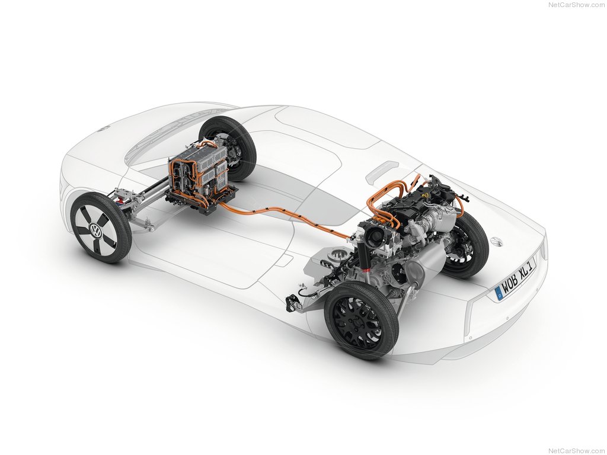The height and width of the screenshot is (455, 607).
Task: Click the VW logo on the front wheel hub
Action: pyautogui.click(x=96, y=232)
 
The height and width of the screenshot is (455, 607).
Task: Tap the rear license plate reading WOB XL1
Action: pyautogui.click(x=516, y=277)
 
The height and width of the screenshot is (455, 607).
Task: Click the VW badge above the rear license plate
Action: pyautogui.click(x=496, y=242)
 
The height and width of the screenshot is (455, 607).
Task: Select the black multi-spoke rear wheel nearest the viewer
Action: pyautogui.click(x=361, y=321)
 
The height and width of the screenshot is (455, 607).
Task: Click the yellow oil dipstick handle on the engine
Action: pyautogui.click(x=426, y=195)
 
